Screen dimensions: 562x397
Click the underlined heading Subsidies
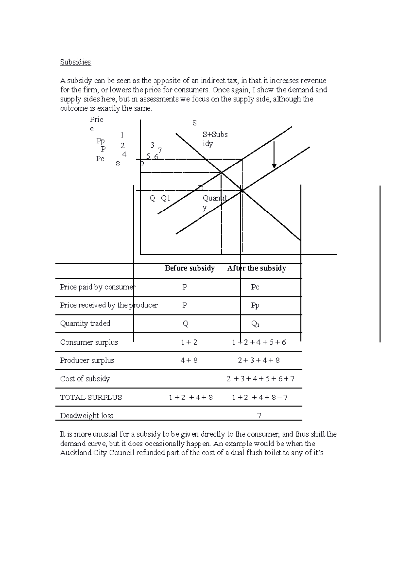[x=75, y=62]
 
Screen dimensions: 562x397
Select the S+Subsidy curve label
[x=215, y=139]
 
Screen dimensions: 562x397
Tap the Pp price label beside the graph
[x=101, y=141]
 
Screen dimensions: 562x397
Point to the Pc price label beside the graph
[x=100, y=159]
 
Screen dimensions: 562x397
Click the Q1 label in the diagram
[x=165, y=198]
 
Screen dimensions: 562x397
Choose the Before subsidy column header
[x=190, y=268]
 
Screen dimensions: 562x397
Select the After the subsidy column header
[x=256, y=268]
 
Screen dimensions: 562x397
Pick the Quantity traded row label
[x=85, y=323]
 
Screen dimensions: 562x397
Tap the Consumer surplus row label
[x=89, y=342]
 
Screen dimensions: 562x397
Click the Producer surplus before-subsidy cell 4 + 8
[x=189, y=360]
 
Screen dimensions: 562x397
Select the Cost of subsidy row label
[x=85, y=379]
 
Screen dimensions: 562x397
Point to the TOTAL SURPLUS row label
[x=91, y=398]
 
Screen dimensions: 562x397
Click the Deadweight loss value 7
[x=259, y=416]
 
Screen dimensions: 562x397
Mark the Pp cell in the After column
[x=255, y=305]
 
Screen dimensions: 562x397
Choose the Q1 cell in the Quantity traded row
[x=255, y=324]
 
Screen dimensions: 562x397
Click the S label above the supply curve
[x=194, y=123]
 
